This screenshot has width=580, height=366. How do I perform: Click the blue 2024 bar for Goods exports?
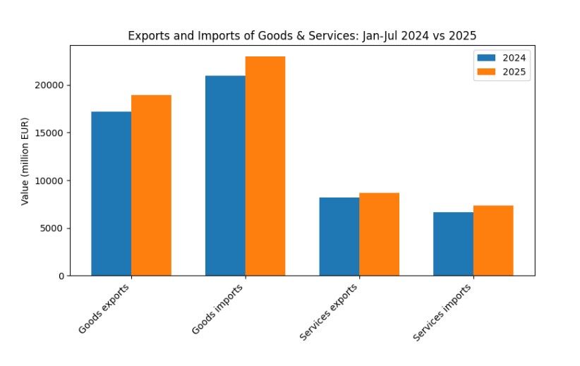111,194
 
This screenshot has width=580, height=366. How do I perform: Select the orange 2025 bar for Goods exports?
151,185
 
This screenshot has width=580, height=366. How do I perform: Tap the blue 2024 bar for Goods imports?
225,176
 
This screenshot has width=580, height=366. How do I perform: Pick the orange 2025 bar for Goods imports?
265,166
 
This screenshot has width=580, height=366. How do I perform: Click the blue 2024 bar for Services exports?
339,237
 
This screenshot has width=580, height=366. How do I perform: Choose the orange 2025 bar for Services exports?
379,234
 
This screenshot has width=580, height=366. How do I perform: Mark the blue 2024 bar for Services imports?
453,244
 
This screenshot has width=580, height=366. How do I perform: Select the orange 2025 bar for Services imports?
493,240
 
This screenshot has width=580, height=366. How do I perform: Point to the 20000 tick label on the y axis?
49,85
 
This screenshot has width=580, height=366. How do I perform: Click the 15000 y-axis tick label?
49,133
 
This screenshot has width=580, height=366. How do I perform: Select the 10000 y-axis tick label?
49,181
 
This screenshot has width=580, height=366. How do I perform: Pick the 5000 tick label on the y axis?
52,228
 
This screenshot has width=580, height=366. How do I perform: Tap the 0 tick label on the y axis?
61,276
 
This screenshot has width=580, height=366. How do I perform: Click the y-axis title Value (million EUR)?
25,161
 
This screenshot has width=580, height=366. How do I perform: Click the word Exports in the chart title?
146,35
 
